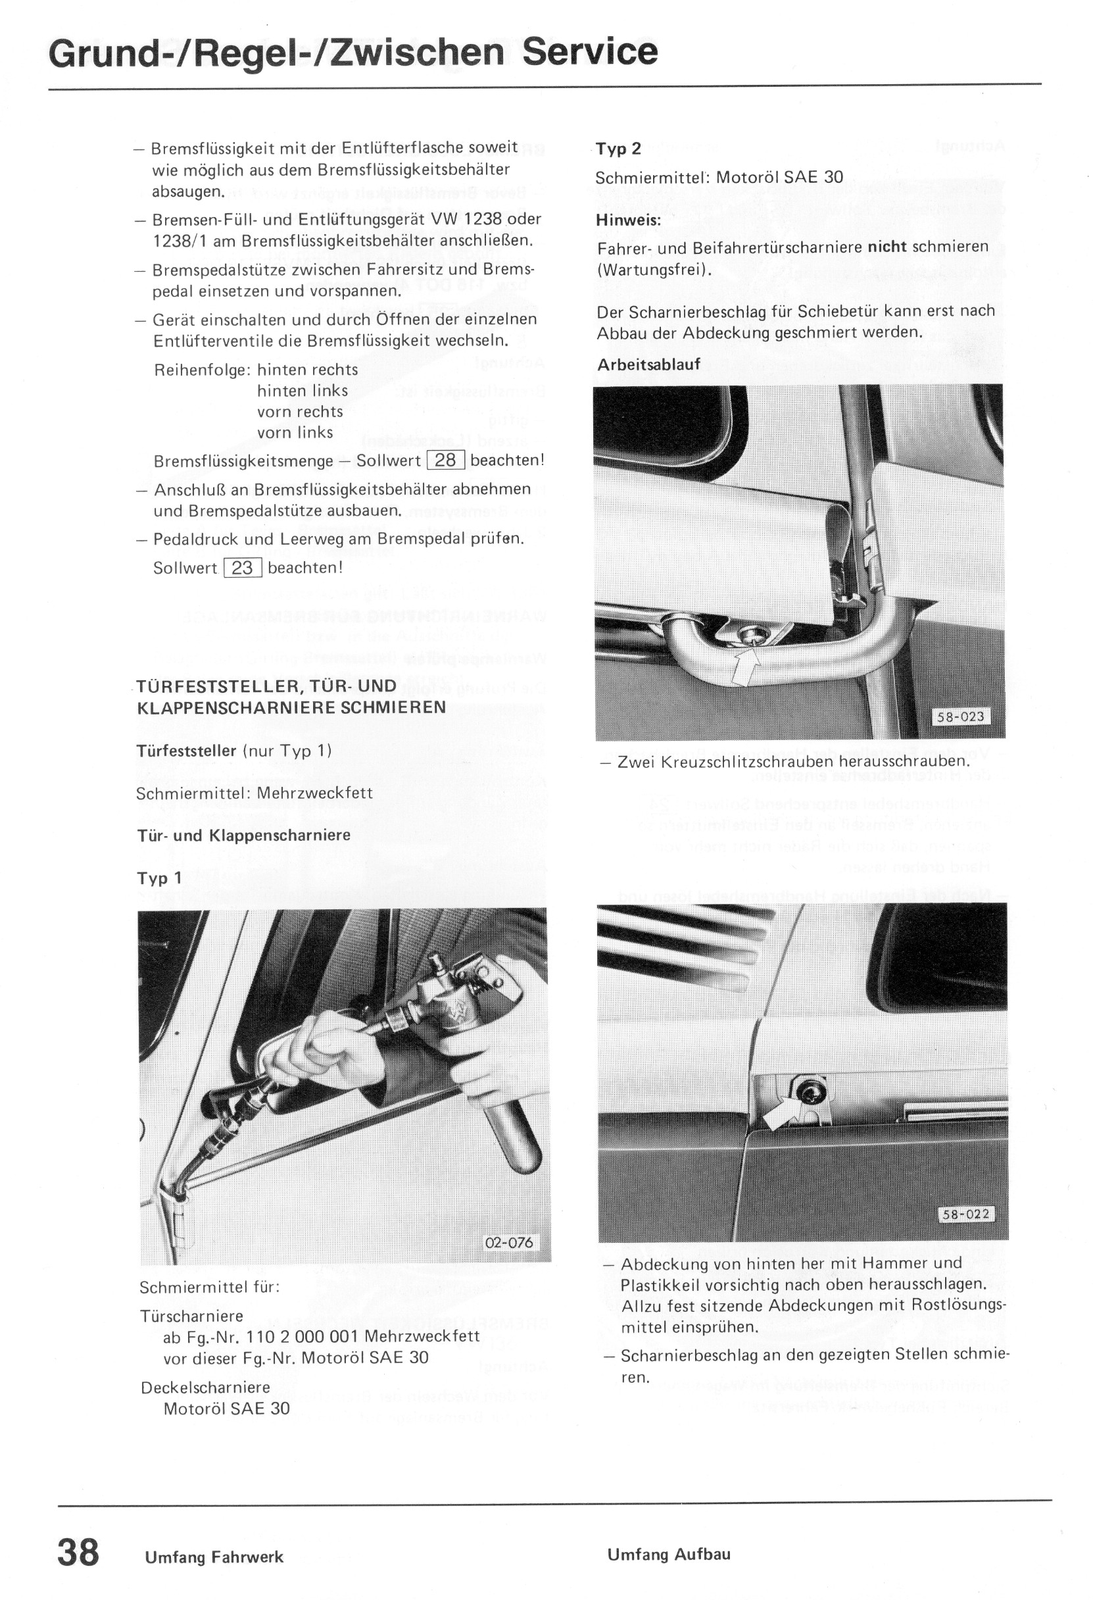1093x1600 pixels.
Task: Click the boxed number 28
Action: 446,460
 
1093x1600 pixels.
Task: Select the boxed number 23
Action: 242,567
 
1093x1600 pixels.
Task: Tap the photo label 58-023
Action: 961,716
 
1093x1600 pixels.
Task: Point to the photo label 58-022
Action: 965,1214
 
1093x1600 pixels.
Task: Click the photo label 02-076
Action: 509,1243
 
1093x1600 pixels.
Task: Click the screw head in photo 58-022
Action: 803,1088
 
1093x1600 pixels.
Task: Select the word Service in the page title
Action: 589,53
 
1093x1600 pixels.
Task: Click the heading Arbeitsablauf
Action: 648,365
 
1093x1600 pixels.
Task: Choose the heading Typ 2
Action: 618,149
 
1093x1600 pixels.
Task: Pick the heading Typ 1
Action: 160,878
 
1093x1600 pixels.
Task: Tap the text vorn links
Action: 295,432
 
